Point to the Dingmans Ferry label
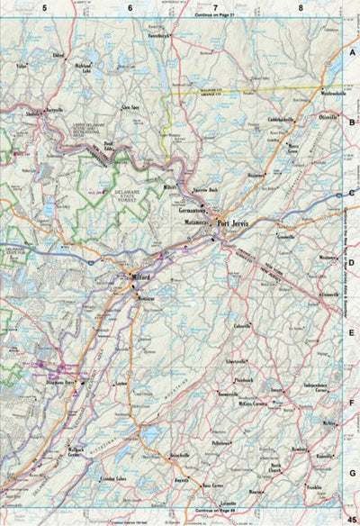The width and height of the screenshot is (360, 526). [x=55, y=384]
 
